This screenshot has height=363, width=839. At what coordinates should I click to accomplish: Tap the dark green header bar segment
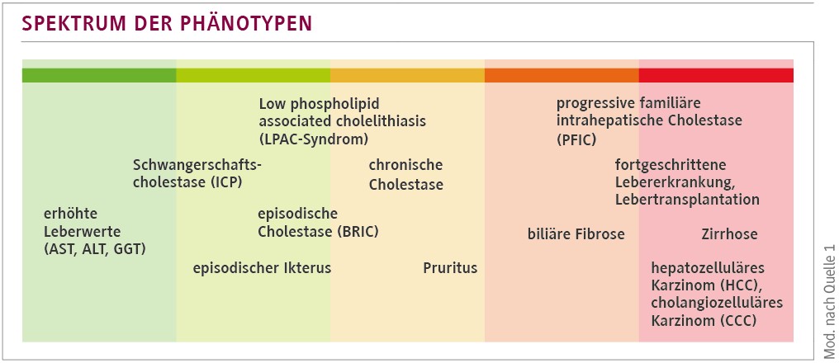99,75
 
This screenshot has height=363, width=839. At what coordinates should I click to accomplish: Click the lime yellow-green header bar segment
254,75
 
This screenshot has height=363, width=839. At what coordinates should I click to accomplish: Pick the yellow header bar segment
407,75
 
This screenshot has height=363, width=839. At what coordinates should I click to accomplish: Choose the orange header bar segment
562,75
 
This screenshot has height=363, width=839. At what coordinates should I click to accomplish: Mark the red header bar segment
716,75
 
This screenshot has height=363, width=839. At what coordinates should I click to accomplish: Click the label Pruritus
450,268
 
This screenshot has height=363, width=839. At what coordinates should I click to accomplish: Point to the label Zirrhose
729,234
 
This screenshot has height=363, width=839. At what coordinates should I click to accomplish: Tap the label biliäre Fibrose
576,234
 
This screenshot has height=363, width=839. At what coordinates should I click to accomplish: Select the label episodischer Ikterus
262,268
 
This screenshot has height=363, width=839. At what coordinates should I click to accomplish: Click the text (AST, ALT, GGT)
94,247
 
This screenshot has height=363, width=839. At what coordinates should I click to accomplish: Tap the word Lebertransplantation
687,200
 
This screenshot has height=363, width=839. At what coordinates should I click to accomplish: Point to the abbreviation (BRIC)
358,231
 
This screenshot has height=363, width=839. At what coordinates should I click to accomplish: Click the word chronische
405,165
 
